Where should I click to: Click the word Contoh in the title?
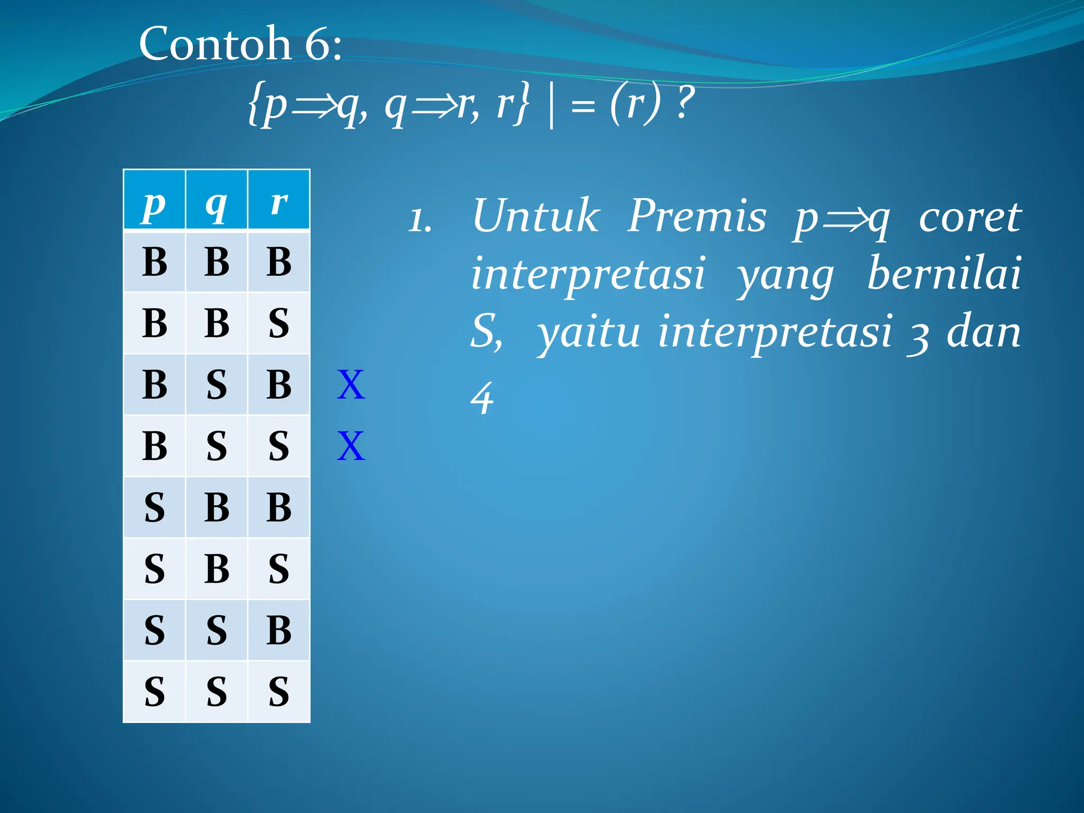coord(215,43)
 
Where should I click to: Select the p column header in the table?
coord(154,201)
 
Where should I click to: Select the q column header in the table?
coord(216,201)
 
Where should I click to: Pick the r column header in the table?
coord(279,201)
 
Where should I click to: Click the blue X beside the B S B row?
coord(351,385)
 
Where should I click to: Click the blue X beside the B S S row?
coord(351,446)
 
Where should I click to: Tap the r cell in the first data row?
coord(279,261)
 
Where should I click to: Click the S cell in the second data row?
coord(279,323)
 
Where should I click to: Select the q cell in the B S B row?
coord(216,385)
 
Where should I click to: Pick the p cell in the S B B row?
coord(154,507)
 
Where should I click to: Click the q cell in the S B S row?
coord(216,568)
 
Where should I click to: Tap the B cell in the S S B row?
coord(279,630)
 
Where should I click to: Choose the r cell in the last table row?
coord(279,691)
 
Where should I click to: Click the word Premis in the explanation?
coord(697,216)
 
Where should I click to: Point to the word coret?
coord(970,217)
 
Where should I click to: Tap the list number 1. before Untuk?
coord(420,220)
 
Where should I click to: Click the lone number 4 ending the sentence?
coord(482,398)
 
